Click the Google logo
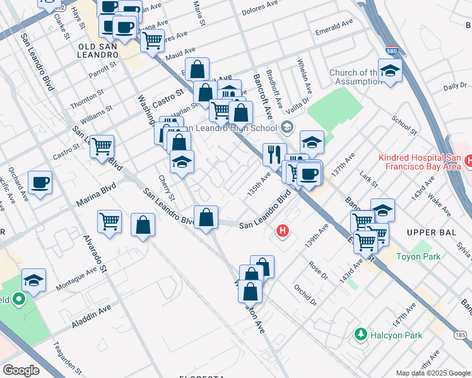(x=21, y=370)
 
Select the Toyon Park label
(x=418, y=256)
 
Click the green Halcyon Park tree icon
(x=360, y=333)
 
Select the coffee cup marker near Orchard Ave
(x=40, y=182)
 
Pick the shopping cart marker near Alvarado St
(x=110, y=222)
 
